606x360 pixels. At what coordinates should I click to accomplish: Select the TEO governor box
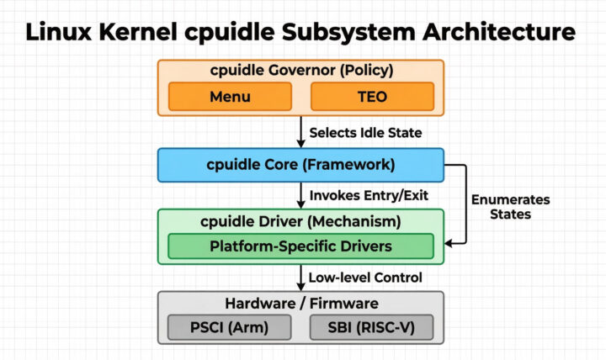click(x=371, y=96)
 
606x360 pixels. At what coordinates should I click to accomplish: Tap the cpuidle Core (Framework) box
click(x=300, y=164)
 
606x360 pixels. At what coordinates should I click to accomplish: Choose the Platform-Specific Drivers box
click(x=300, y=246)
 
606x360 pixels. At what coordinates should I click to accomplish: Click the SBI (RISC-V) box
click(x=371, y=327)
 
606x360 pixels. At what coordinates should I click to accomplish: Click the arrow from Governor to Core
click(x=300, y=130)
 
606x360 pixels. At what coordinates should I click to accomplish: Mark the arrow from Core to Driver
click(x=300, y=195)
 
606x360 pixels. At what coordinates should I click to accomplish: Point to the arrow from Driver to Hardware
click(x=300, y=276)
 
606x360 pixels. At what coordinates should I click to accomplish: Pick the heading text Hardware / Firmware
click(x=300, y=303)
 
